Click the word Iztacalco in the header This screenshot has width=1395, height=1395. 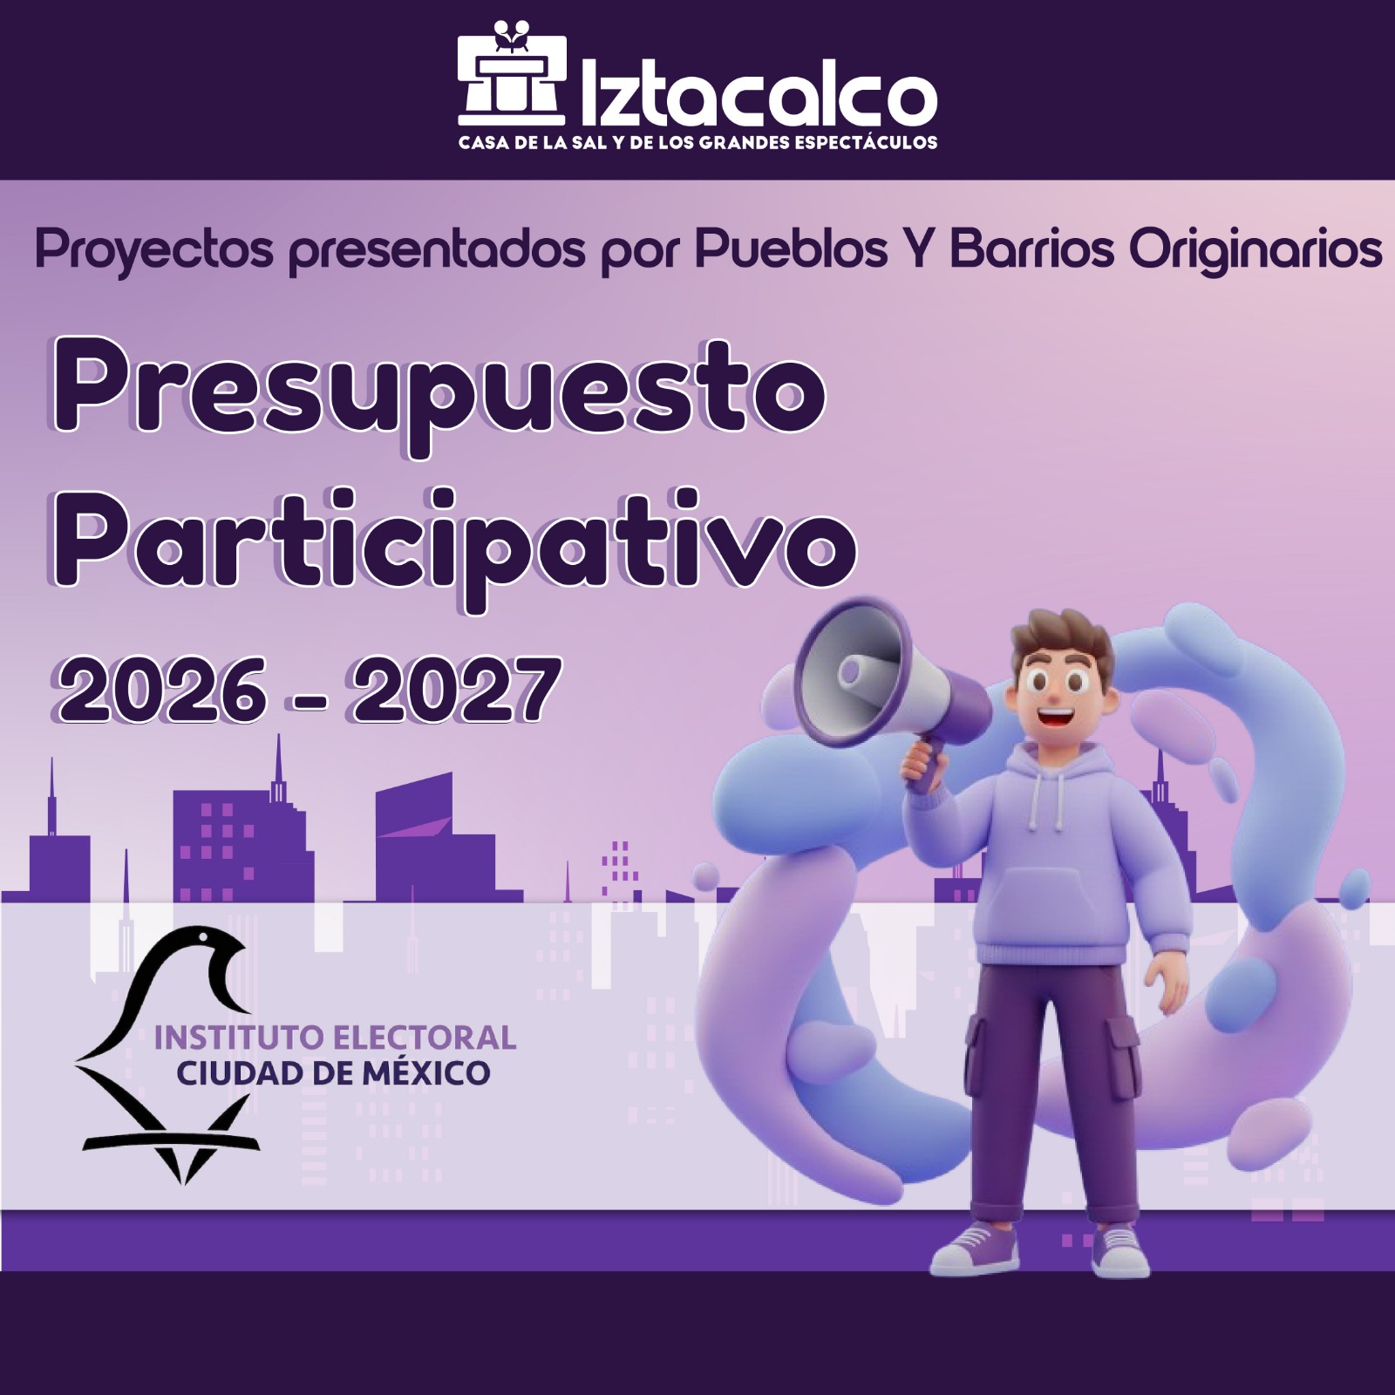(x=758, y=92)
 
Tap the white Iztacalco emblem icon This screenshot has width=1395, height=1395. (x=512, y=73)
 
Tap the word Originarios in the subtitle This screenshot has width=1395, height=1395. (x=1255, y=251)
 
